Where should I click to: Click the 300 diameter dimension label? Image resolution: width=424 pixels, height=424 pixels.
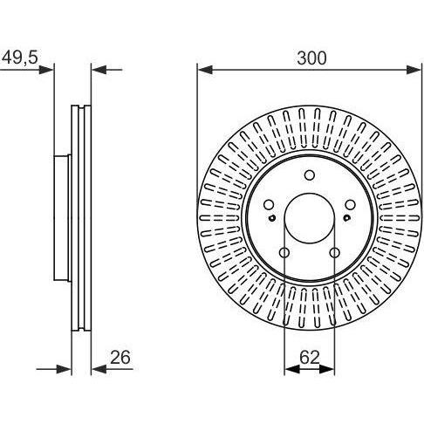[x=311, y=58]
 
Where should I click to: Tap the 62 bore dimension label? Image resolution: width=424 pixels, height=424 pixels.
[x=310, y=358]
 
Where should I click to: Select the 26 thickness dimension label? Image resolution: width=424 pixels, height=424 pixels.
[x=120, y=358]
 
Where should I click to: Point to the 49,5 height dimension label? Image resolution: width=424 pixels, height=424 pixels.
[x=20, y=58]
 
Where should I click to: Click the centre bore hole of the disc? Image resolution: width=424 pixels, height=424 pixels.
[x=310, y=218]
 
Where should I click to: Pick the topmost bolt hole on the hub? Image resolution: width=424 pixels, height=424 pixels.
[x=310, y=175]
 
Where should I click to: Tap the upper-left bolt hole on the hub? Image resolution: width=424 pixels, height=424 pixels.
[x=269, y=205]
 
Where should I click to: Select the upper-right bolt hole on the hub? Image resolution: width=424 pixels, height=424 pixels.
[x=351, y=205]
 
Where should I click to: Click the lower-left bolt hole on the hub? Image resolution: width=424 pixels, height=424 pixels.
[x=284, y=253]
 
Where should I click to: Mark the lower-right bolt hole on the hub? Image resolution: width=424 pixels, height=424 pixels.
[x=335, y=253]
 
